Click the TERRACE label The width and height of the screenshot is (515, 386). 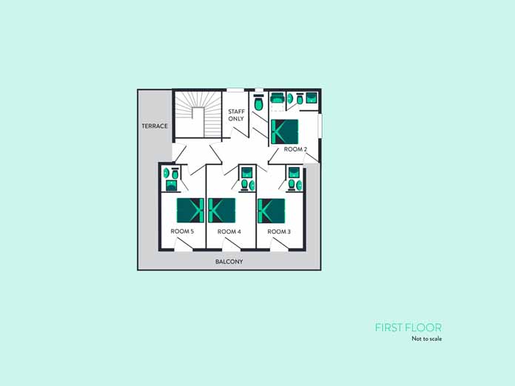point(155,126)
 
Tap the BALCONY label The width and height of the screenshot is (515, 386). point(229,262)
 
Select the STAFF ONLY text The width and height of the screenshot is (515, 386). point(236,115)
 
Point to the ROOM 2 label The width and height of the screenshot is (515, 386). point(295,149)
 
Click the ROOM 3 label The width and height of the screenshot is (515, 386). point(279,231)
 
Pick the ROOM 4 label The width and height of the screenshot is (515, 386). point(229,231)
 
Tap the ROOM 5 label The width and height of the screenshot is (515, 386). point(182,231)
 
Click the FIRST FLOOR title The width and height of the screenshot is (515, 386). point(408,328)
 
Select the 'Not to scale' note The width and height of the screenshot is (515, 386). point(427,339)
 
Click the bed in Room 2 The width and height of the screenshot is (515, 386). point(284,132)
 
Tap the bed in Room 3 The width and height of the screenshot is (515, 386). point(272,211)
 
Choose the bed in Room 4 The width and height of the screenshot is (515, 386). point(222,211)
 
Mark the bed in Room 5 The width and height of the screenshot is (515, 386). point(190,211)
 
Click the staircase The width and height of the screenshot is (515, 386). point(198,114)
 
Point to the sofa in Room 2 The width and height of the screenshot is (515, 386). point(278,98)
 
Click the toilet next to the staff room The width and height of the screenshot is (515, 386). point(258,103)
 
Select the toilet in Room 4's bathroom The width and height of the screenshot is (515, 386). point(245,185)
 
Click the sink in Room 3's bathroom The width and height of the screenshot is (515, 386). point(299,186)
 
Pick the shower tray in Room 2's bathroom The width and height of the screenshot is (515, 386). point(312,98)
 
